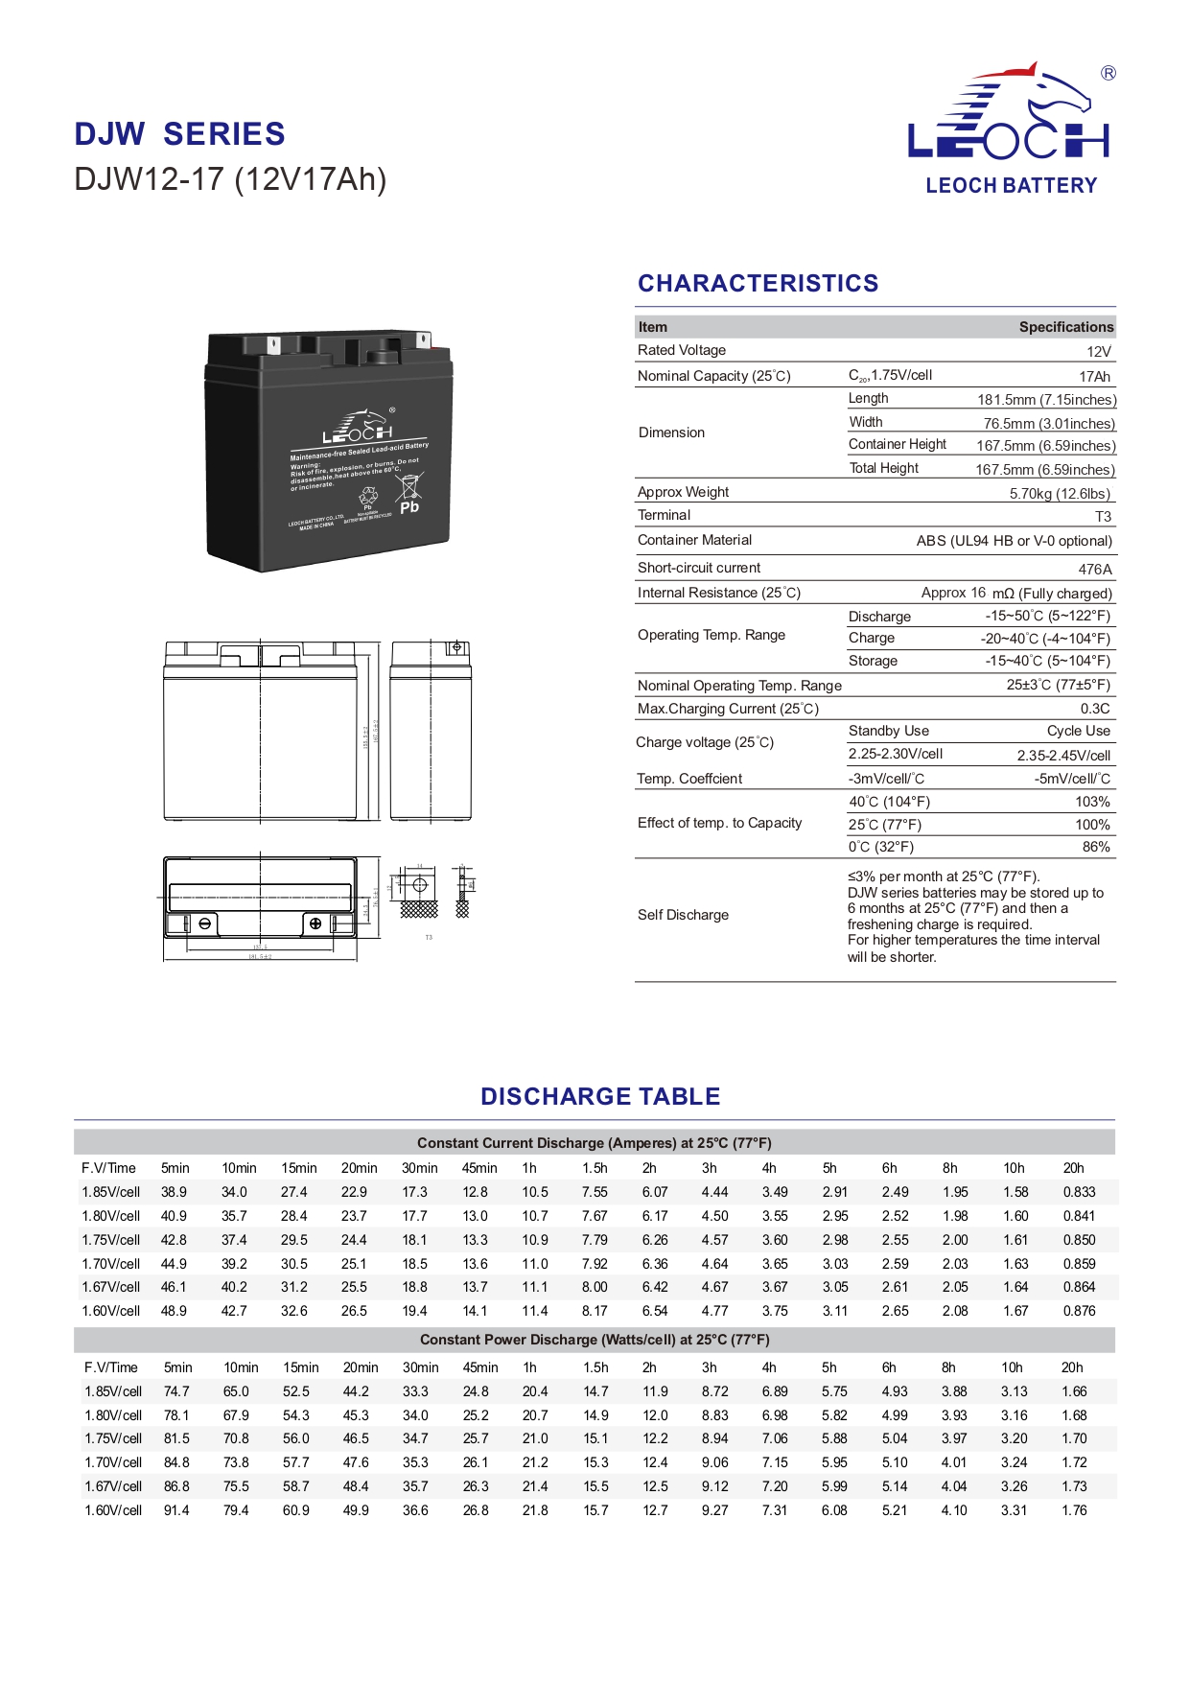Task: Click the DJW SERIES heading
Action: click(179, 134)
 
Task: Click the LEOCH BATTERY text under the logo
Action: click(1011, 186)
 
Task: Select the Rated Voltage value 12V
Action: click(1099, 352)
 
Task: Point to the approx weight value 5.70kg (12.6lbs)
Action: click(1060, 494)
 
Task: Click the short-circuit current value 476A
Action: click(1095, 570)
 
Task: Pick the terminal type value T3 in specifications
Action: click(1103, 517)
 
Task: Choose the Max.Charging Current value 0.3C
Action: click(1095, 710)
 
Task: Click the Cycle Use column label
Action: click(1079, 732)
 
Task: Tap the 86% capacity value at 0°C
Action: click(1096, 848)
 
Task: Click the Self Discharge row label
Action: click(683, 916)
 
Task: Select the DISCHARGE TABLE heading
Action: click(600, 1097)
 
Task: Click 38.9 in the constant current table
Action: click(174, 1193)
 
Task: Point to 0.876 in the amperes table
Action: click(1079, 1312)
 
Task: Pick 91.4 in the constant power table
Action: click(176, 1511)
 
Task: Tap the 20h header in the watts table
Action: click(1072, 1368)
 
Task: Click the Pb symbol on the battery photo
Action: click(409, 507)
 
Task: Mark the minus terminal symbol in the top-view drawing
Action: click(204, 923)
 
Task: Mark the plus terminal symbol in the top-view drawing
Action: click(315, 923)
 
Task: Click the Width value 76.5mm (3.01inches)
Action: click(1049, 424)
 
